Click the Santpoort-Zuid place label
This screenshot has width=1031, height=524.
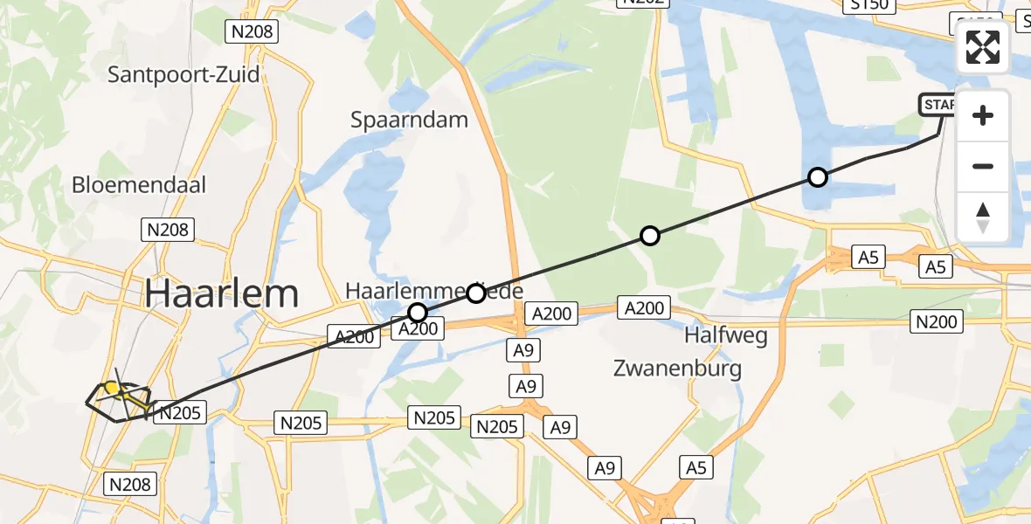point(183,74)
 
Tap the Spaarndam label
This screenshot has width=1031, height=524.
point(409,121)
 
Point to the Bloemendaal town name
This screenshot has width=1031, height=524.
point(139,185)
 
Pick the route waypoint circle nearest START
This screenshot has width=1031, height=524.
point(817,178)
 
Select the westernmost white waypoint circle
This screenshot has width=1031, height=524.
point(418,313)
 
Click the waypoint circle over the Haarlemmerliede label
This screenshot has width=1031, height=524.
point(475,293)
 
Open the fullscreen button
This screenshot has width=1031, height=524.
point(983,47)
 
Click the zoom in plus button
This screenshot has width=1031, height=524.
point(983,115)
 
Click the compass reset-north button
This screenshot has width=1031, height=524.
point(983,217)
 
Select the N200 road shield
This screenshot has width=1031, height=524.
point(936,322)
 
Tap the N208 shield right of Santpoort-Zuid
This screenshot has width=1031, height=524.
point(251,32)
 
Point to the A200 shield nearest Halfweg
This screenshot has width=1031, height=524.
point(645,307)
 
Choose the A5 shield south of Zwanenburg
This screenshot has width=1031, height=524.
point(695,468)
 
